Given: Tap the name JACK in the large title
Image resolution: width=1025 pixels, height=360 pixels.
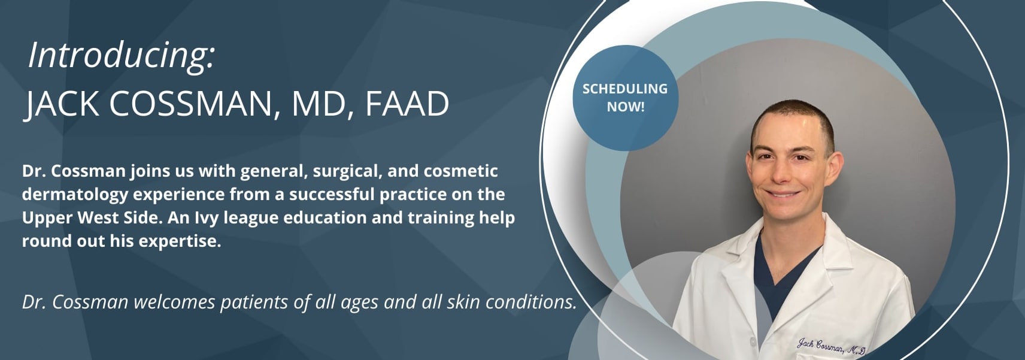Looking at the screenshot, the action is (x=61, y=104).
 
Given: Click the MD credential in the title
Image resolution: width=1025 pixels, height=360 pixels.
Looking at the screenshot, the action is (x=317, y=104).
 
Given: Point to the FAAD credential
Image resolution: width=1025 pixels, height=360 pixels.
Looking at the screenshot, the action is (x=407, y=104).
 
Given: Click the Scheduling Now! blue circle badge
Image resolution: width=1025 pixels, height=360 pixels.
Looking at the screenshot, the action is (x=625, y=98).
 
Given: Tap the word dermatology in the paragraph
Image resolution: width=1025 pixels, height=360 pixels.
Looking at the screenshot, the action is (x=75, y=195).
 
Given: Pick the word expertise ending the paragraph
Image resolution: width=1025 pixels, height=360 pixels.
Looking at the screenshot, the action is (x=180, y=241).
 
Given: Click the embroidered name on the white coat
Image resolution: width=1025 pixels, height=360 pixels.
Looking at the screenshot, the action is (x=830, y=346).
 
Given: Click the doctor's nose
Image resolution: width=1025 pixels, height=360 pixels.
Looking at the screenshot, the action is (x=781, y=173).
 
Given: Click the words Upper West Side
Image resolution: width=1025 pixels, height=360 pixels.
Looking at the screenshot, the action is (x=92, y=218).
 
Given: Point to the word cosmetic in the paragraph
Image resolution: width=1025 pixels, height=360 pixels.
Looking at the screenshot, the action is (x=461, y=171).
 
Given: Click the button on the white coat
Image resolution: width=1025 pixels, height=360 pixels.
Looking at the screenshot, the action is (x=752, y=341).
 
